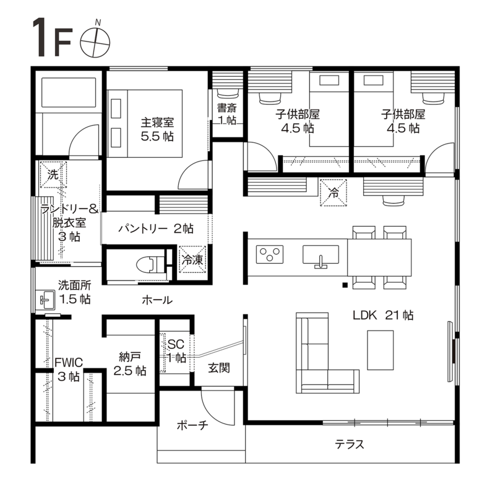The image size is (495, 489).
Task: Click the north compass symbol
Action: click(x=95, y=42)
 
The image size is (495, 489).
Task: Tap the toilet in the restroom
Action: click(x=150, y=264)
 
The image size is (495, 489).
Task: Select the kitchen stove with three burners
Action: click(x=270, y=254)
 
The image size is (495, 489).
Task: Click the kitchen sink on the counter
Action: click(x=321, y=256)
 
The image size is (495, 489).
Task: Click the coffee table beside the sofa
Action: click(x=381, y=350)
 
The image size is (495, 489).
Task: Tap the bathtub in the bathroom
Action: click(x=68, y=92)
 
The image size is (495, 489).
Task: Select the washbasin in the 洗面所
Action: click(x=46, y=300)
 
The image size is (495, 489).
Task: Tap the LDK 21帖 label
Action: click(x=383, y=315)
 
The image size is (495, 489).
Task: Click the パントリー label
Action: click(x=143, y=228)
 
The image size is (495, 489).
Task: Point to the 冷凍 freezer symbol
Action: click(x=192, y=259)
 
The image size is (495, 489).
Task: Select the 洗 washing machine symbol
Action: click(x=53, y=174)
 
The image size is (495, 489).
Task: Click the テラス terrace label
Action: click(x=350, y=444)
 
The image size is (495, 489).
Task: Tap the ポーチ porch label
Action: click(x=192, y=425)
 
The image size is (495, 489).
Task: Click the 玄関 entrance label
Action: click(x=219, y=368)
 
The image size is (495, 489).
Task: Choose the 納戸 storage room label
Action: click(x=130, y=357)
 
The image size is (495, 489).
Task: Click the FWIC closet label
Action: click(x=69, y=362)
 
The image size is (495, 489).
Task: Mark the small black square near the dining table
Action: click(x=345, y=285)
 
